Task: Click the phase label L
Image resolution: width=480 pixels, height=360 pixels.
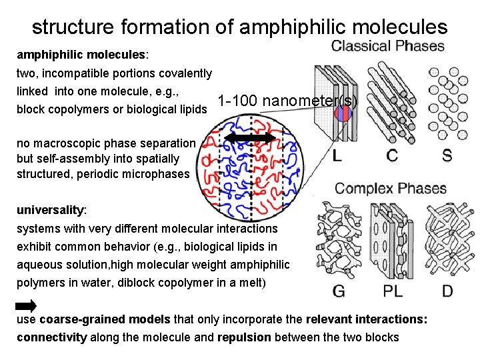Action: (337, 156)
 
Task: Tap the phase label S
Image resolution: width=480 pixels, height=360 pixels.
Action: (446, 156)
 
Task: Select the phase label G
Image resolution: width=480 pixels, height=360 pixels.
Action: (339, 291)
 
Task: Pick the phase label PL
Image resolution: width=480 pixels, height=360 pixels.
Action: (393, 291)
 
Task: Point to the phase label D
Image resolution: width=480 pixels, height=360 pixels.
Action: (447, 291)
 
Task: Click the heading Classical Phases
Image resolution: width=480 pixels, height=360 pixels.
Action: (387, 46)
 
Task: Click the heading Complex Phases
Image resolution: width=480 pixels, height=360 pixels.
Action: (390, 188)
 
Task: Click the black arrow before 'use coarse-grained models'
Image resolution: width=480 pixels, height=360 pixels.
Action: (26, 306)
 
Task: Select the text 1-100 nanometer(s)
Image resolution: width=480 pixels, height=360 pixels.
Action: (287, 102)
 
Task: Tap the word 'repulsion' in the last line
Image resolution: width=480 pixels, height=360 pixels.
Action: (244, 337)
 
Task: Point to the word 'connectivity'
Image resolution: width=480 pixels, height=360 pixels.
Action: (51, 337)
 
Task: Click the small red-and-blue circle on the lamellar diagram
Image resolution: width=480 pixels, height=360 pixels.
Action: (342, 113)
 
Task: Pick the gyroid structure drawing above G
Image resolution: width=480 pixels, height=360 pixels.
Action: (339, 243)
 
